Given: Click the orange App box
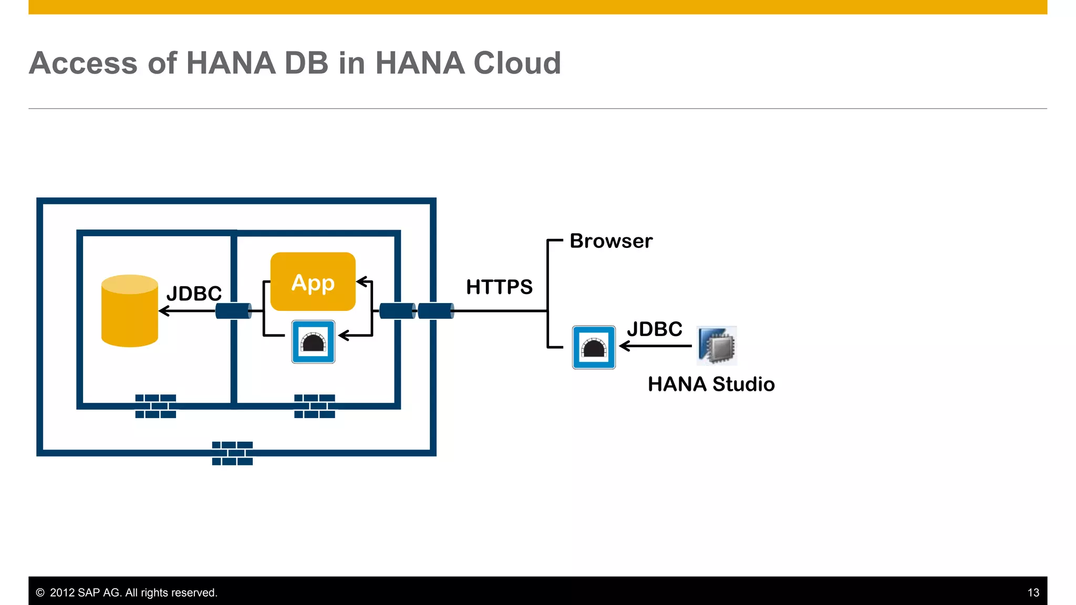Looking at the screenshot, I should coord(313,282).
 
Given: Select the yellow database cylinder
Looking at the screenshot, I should coord(129,311).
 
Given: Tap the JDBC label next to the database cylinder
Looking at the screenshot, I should coord(194,294).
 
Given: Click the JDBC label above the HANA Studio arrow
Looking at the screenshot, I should coord(654,329).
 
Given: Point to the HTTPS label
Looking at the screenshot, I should coord(499,287).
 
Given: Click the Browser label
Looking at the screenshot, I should coord(611,241).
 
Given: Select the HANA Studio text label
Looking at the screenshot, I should coord(711,384).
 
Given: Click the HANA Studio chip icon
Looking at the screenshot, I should coord(717,346).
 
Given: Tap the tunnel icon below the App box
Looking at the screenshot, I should coord(313,342).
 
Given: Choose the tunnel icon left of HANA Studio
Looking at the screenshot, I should coord(594,347).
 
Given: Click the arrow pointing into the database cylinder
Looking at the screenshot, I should coord(187,311).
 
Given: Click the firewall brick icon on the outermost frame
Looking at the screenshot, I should coord(232,453).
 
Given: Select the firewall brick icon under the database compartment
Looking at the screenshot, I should coord(156,406).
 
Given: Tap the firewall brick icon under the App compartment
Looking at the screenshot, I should coord(314,406).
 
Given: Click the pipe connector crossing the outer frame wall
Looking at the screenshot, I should coord(436,311).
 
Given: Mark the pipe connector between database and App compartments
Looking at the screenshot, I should coord(233,311).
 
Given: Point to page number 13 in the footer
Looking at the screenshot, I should coord(1033,592).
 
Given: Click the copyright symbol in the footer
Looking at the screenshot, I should coord(40,592).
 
